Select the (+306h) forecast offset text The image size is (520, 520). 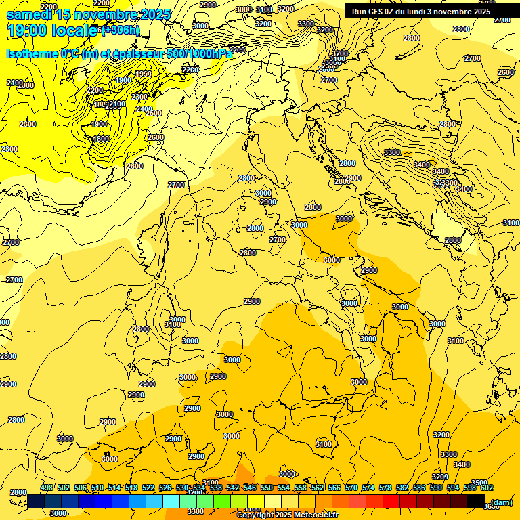[120, 30]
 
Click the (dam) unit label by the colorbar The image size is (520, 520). [501, 502]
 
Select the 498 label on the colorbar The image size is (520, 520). [47, 487]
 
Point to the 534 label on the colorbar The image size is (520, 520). [199, 487]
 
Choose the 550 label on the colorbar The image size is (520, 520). [267, 487]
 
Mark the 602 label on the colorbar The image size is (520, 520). [487, 487]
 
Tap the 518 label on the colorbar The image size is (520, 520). [131, 487]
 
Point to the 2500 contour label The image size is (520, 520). [154, 113]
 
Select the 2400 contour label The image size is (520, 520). [144, 108]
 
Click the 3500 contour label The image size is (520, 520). [479, 483]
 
